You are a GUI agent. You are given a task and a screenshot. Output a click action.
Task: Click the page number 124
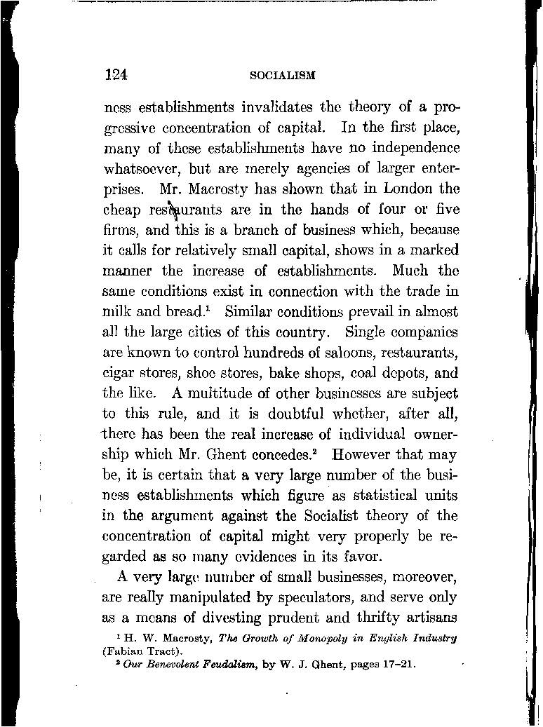tap(114, 74)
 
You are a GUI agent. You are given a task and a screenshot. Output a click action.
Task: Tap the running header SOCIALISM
tap(283, 75)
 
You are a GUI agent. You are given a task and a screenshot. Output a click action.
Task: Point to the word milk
tap(116, 311)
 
